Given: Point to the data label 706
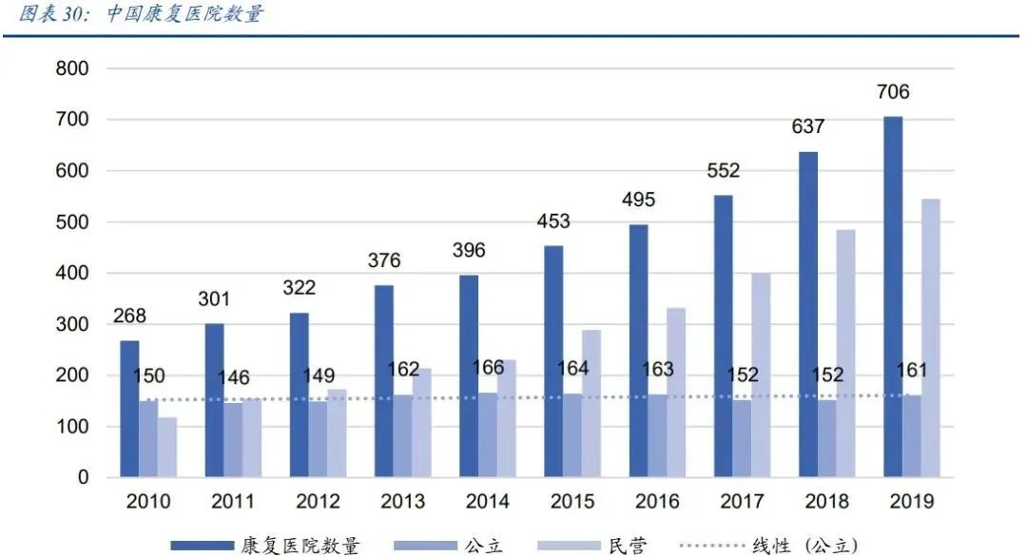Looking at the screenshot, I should (x=893, y=92).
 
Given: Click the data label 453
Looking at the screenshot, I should (x=552, y=221).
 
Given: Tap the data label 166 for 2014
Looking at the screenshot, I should (x=488, y=368).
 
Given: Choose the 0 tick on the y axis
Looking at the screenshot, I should (x=83, y=478).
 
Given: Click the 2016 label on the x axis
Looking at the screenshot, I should (x=657, y=501).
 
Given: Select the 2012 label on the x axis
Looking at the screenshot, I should (x=318, y=501).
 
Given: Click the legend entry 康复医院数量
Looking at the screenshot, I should (x=300, y=546).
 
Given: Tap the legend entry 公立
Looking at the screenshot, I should (x=483, y=546).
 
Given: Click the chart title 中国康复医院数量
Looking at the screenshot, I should (x=185, y=14).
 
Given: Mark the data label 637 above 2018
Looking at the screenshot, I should (x=807, y=127).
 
